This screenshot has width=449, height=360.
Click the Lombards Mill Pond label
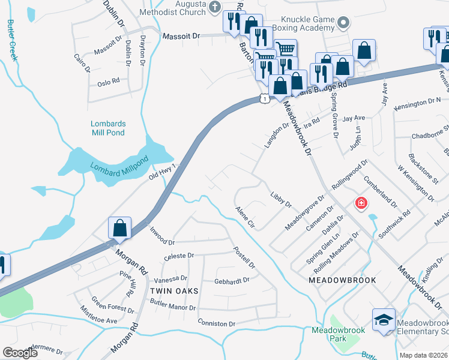pyautogui.click(x=108, y=128)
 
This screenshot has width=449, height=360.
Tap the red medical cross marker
pyautogui.click(x=361, y=203)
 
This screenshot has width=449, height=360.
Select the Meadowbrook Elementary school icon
pyautogui.click(x=384, y=320)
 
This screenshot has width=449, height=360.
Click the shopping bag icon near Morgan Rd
pyautogui.click(x=120, y=228)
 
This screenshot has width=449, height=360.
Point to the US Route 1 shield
pyautogui.click(x=264, y=98)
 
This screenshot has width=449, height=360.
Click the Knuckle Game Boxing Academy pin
pyautogui.click(x=343, y=24)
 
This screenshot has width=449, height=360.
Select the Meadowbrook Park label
pyautogui.click(x=329, y=334)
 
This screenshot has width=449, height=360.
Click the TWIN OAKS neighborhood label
pyautogui.click(x=173, y=291)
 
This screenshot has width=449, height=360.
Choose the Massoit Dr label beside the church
pyautogui.click(x=181, y=37)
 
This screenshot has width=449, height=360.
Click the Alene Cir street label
pyautogui.click(x=246, y=217)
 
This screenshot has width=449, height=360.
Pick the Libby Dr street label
pyautogui.click(x=280, y=200)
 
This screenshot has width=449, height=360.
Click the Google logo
pyautogui.click(x=20, y=353)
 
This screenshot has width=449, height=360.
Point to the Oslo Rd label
pyautogui.click(x=108, y=80)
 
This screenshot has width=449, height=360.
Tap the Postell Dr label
pyautogui.click(x=244, y=257)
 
